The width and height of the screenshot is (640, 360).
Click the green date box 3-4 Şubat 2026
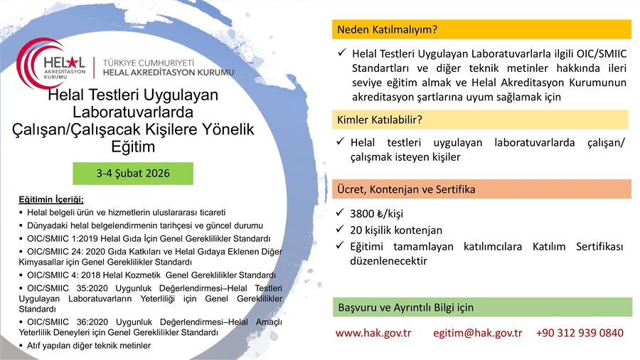pyautogui.click(x=133, y=174)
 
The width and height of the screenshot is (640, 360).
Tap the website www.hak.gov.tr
pyautogui.click(x=373, y=333)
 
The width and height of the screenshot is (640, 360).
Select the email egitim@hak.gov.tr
pyautogui.click(x=478, y=333)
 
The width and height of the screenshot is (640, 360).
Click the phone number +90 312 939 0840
pyautogui.click(x=580, y=333)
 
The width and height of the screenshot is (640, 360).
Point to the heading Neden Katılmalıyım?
pyautogui.click(x=387, y=30)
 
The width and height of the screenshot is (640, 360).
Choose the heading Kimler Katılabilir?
pyautogui.click(x=379, y=120)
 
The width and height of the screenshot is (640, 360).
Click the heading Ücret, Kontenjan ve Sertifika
pyautogui.click(x=406, y=189)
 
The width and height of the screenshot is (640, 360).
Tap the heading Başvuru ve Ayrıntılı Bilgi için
pyautogui.click(x=406, y=307)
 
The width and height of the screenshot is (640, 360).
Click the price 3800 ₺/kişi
pyautogui.click(x=376, y=213)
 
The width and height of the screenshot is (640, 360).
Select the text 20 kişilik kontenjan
pyautogui.click(x=396, y=231)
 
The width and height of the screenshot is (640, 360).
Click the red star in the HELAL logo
pyautogui.click(x=72, y=63)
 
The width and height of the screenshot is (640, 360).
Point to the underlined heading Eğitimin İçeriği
pyautogui.click(x=51, y=200)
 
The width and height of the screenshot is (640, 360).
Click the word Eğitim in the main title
pyautogui.click(x=133, y=147)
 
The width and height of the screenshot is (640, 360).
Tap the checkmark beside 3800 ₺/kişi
pyautogui.click(x=340, y=212)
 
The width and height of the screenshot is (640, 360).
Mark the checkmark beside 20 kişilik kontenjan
pyautogui.click(x=340, y=229)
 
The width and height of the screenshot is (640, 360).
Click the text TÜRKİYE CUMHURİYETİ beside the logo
pyautogui.click(x=148, y=63)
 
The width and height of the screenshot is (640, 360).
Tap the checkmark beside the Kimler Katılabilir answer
pyautogui.click(x=341, y=141)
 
